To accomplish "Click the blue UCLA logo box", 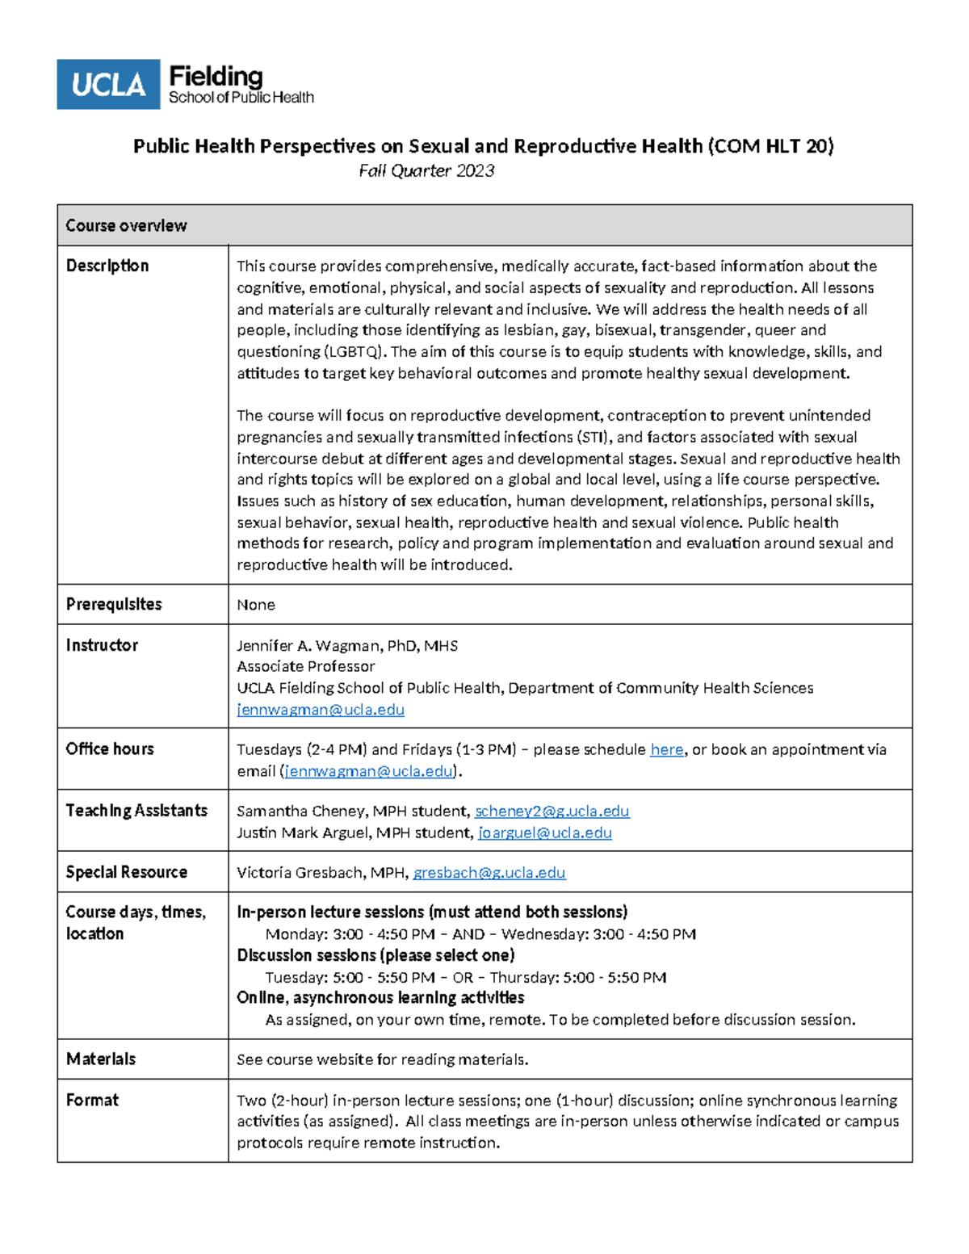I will pyautogui.click(x=108, y=84).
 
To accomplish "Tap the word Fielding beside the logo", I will pyautogui.click(x=216, y=77).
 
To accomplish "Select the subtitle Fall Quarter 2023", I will pyautogui.click(x=426, y=170).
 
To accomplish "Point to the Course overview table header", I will pyautogui.click(x=126, y=225).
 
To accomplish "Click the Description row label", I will pyautogui.click(x=107, y=266).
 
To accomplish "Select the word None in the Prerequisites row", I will pyautogui.click(x=256, y=605).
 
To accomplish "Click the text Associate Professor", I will pyautogui.click(x=305, y=666).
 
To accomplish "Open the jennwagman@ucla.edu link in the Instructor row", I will pyautogui.click(x=321, y=710).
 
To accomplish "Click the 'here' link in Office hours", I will pyautogui.click(x=666, y=750).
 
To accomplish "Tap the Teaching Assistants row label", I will pyautogui.click(x=136, y=811).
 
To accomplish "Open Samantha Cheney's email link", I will pyautogui.click(x=552, y=811).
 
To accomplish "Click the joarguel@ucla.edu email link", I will pyautogui.click(x=544, y=833).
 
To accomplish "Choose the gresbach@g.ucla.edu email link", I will pyautogui.click(x=489, y=873).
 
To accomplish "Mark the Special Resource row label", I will pyautogui.click(x=127, y=872).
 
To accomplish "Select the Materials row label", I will pyautogui.click(x=101, y=1059).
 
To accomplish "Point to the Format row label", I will pyautogui.click(x=92, y=1100).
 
